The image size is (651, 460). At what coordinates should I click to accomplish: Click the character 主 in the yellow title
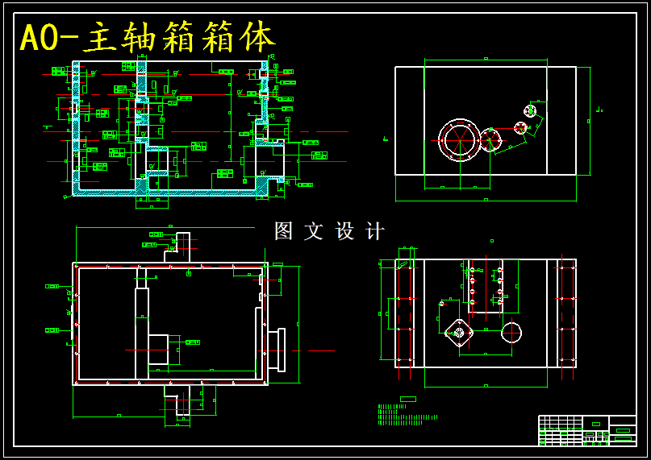(x=100, y=38)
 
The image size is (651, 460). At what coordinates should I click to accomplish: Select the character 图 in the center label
(x=283, y=231)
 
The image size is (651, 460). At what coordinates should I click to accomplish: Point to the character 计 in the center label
(x=375, y=231)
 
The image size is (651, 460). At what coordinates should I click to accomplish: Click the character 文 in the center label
(x=314, y=231)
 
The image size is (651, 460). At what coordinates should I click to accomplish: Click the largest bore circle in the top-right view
(x=459, y=140)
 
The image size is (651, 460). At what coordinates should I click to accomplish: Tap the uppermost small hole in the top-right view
(x=530, y=110)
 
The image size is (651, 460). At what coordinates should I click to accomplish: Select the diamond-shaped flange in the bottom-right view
(x=459, y=332)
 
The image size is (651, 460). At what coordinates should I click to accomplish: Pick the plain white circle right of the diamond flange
(x=511, y=332)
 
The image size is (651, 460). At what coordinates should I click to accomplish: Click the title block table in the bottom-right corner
(x=586, y=430)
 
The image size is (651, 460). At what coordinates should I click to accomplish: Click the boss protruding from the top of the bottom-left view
(x=181, y=246)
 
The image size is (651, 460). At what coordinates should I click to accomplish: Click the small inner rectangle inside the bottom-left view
(x=158, y=350)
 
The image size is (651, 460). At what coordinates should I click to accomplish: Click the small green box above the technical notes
(x=408, y=399)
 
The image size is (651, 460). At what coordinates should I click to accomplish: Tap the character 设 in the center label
(x=344, y=231)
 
